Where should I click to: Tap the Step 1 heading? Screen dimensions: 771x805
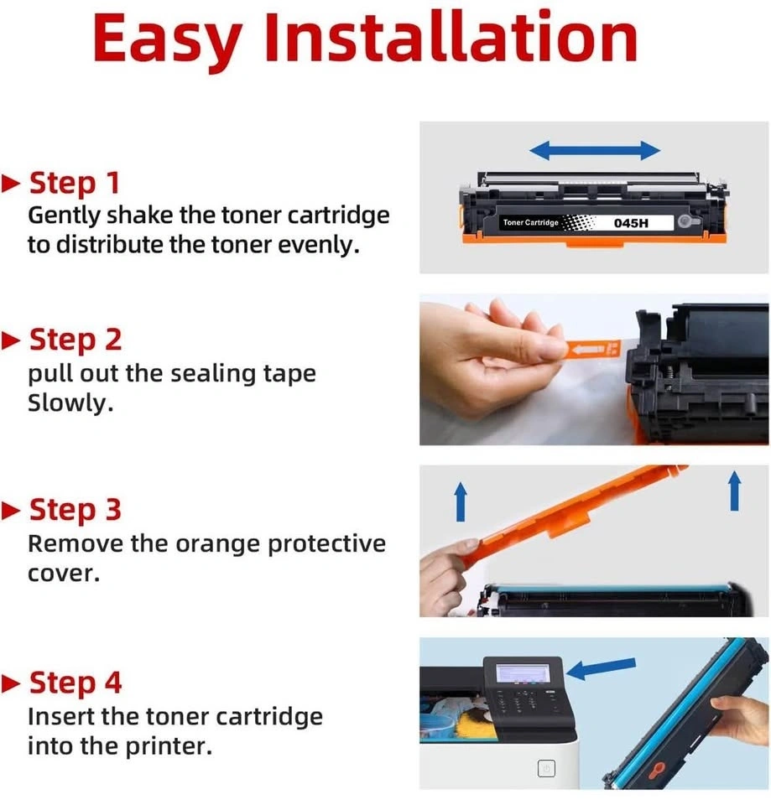pyautogui.click(x=75, y=183)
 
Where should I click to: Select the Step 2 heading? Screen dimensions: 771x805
pyautogui.click(x=76, y=340)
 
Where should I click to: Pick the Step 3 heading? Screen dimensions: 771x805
pyautogui.click(x=76, y=511)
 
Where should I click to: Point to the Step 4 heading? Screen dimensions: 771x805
pyautogui.click(x=76, y=683)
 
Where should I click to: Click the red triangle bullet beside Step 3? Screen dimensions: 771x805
pyautogui.click(x=11, y=511)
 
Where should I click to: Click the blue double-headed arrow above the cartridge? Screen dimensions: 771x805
pyautogui.click(x=594, y=150)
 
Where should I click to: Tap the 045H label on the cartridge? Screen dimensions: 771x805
pyautogui.click(x=631, y=223)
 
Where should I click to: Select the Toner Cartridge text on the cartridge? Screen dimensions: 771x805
pyautogui.click(x=530, y=222)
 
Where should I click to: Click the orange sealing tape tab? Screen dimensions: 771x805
pyautogui.click(x=594, y=349)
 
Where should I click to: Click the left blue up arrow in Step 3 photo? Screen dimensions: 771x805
pyautogui.click(x=461, y=501)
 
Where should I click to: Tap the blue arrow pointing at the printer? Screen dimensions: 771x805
pyautogui.click(x=601, y=668)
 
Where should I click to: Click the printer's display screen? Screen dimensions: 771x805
pyautogui.click(x=523, y=673)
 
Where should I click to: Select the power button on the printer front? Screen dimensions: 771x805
pyautogui.click(x=546, y=769)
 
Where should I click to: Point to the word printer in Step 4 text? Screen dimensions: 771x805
pyautogui.click(x=169, y=747)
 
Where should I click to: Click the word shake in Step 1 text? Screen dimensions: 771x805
pyautogui.click(x=140, y=216)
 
